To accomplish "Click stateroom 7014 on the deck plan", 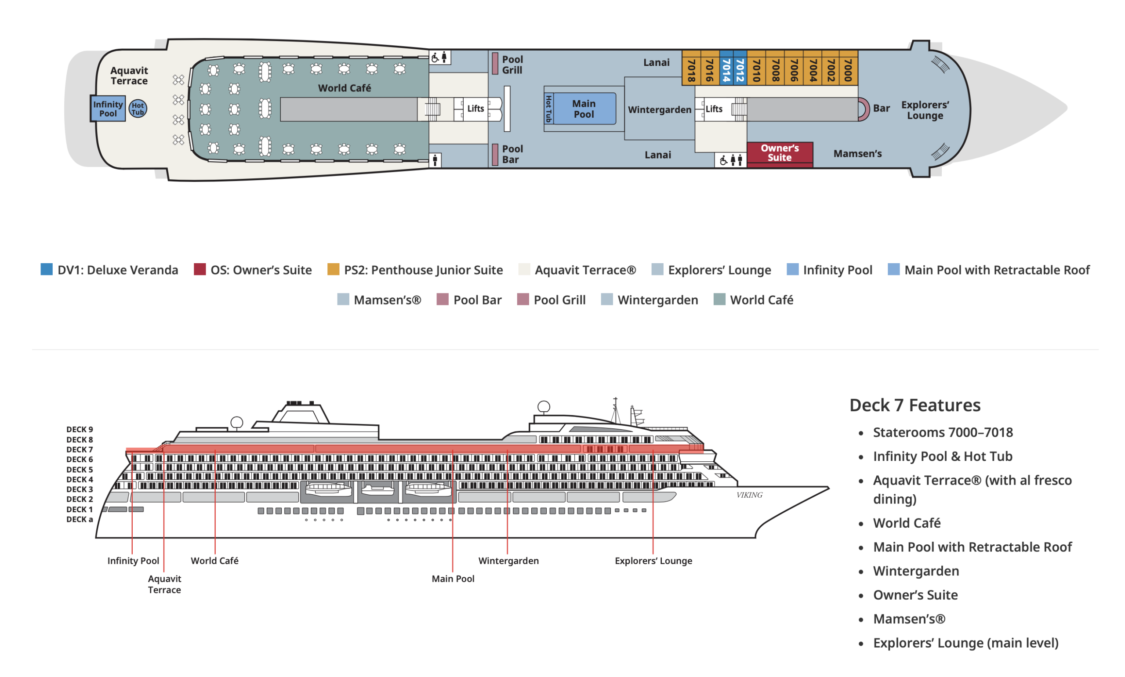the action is (x=726, y=68).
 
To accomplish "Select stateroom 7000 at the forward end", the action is (x=848, y=68).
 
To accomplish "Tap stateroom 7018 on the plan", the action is (x=691, y=68).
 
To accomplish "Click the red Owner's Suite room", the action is (x=779, y=154).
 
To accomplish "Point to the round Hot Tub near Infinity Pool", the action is (x=138, y=109).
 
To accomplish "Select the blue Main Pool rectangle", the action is (x=584, y=109).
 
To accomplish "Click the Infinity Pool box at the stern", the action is (x=108, y=109).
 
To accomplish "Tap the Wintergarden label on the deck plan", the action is (x=659, y=109).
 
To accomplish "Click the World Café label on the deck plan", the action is (x=345, y=87).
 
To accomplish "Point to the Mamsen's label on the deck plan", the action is (x=857, y=154).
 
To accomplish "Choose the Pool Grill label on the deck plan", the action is (x=512, y=64).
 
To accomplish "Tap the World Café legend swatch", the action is (x=719, y=299).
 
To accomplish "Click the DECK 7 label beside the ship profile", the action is (x=80, y=449).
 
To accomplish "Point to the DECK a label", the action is (x=80, y=519).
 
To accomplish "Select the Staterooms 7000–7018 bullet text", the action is (x=943, y=432).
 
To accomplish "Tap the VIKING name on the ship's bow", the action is (x=749, y=495).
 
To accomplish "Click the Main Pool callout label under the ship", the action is (x=453, y=579).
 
